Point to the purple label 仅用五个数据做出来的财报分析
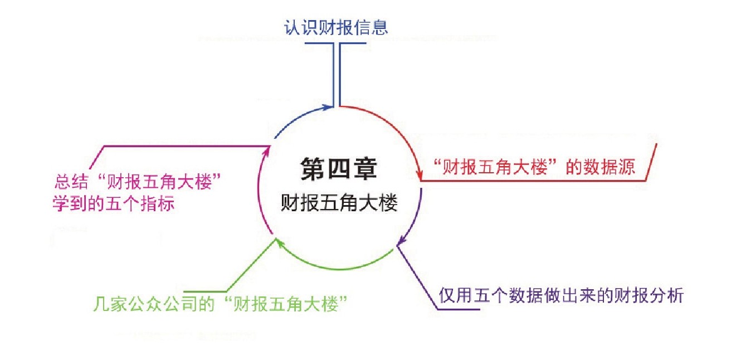point(561,295)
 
